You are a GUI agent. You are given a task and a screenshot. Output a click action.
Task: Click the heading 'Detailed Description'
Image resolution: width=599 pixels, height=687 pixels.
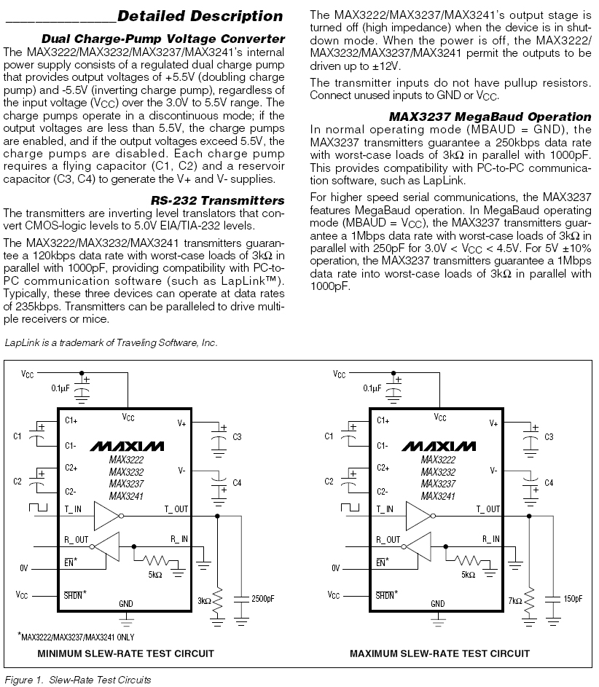(x=200, y=16)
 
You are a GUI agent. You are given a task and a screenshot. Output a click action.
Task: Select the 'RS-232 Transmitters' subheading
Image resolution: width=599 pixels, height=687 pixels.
(x=218, y=200)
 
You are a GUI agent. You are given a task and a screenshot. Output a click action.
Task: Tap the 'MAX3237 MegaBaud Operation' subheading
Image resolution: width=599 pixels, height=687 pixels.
(x=490, y=117)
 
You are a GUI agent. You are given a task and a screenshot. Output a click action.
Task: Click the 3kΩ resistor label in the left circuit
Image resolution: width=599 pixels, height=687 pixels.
(x=203, y=601)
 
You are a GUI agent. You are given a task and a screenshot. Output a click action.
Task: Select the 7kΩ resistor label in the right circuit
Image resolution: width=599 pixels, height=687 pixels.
(x=515, y=601)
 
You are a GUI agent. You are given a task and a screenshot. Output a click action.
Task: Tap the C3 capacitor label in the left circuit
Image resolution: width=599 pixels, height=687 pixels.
(x=237, y=436)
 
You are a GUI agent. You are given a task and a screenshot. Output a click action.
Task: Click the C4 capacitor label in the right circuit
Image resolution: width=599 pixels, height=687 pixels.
(x=549, y=483)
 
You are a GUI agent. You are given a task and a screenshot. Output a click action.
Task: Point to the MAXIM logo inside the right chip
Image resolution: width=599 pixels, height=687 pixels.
(x=438, y=446)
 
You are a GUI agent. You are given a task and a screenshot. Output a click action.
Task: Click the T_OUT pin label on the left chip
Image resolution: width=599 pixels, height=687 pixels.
(x=176, y=509)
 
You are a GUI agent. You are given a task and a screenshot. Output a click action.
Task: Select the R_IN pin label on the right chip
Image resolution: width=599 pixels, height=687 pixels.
(x=490, y=539)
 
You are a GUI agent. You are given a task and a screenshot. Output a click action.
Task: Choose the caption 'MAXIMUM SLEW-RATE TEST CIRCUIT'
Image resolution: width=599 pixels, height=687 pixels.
(x=438, y=653)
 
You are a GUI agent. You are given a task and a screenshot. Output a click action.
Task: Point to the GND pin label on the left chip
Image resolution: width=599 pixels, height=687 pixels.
(x=126, y=603)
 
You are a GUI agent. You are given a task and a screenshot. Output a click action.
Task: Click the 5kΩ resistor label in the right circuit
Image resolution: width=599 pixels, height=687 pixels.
(x=468, y=574)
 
